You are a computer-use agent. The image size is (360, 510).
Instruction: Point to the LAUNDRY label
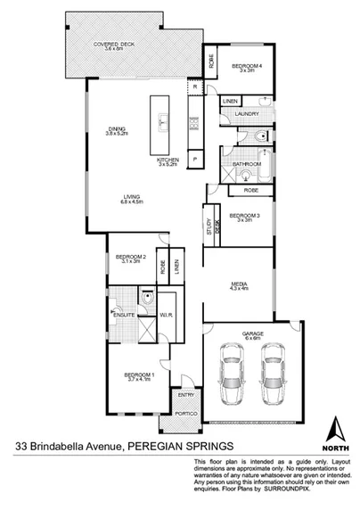(x=249, y=114)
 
